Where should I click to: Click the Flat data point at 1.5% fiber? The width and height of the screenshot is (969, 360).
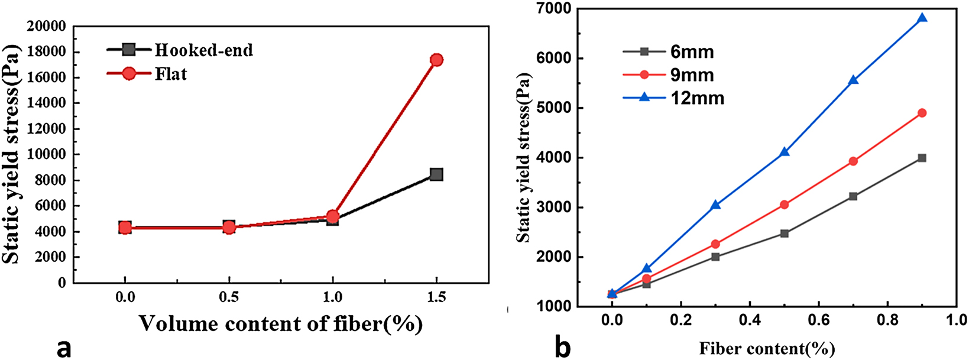click(x=436, y=60)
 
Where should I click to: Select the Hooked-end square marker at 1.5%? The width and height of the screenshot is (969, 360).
click(x=436, y=174)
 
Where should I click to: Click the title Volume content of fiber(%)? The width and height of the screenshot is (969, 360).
click(x=281, y=324)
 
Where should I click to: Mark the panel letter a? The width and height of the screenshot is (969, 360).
click(x=63, y=348)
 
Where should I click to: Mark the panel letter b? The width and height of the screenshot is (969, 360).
click(x=562, y=347)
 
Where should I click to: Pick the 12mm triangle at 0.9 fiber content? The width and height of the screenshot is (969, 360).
click(x=922, y=18)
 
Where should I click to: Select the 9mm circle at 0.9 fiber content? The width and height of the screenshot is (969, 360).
click(x=922, y=113)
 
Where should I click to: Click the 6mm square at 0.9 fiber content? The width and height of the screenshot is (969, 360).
click(x=922, y=158)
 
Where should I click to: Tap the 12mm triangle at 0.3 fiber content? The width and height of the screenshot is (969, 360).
click(x=715, y=205)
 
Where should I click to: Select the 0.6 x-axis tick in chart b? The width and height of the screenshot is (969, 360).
click(x=818, y=320)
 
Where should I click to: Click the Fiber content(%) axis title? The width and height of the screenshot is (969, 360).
click(x=766, y=349)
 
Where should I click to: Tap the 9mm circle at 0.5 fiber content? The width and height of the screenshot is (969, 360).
click(x=784, y=205)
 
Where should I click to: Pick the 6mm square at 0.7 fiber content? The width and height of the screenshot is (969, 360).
click(x=853, y=196)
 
